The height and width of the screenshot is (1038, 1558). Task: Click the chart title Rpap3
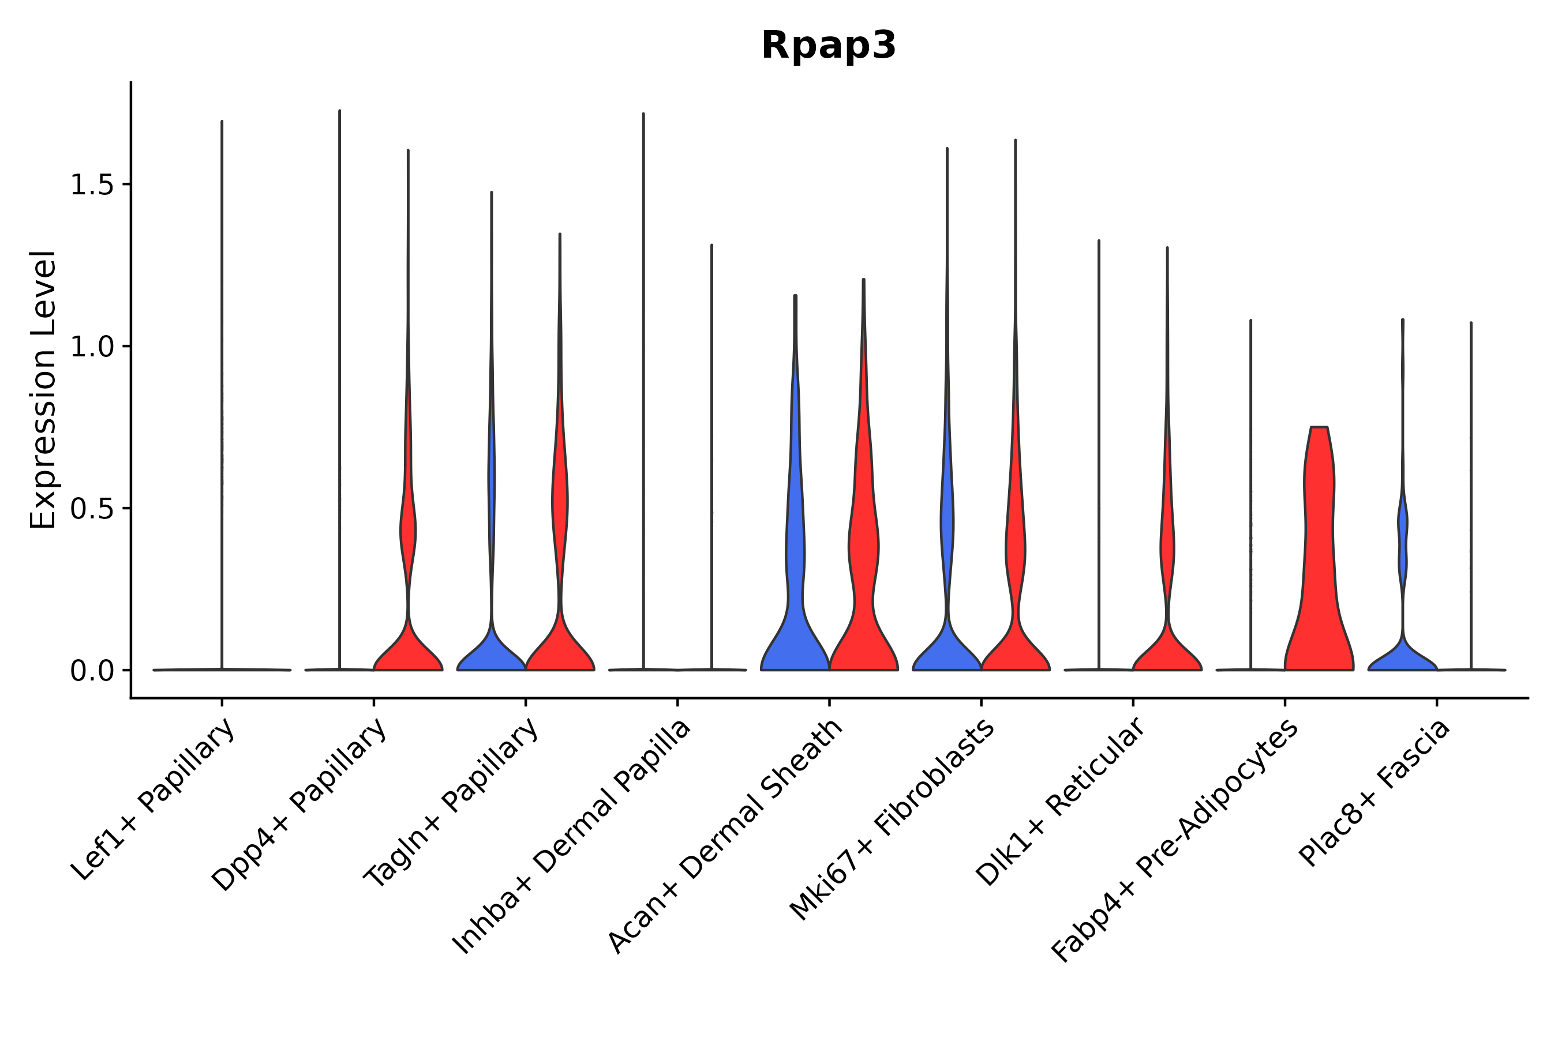point(828,46)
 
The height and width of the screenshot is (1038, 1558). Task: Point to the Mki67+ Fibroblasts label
point(892,820)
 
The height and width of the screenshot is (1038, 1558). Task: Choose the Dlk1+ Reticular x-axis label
point(1061,802)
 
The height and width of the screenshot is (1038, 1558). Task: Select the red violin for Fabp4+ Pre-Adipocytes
point(1318,563)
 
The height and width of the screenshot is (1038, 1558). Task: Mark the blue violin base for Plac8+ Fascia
point(1402,658)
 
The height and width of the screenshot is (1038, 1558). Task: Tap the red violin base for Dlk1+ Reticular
point(1167,655)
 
